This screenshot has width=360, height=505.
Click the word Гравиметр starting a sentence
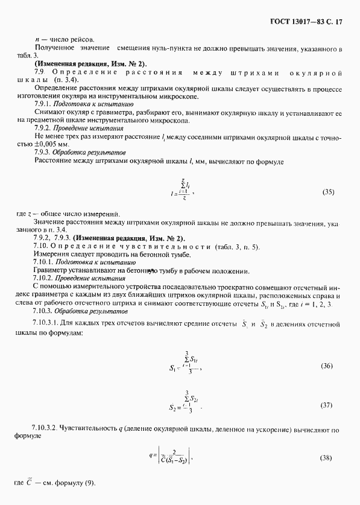[50, 271]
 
